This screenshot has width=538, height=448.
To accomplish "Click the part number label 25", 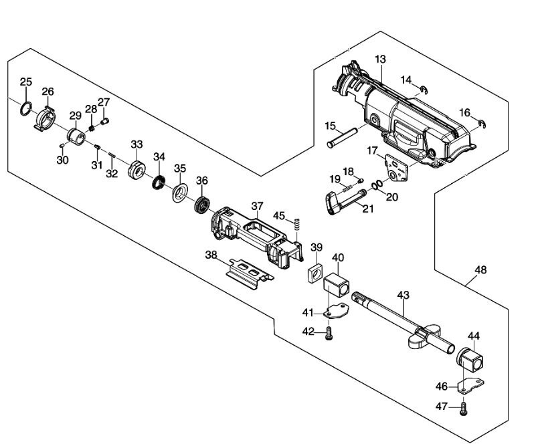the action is (25, 82).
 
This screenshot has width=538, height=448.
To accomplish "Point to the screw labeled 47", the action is (464, 409).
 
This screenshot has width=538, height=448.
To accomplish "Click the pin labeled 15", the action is (342, 138).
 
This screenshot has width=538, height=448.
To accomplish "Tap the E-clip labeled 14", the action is (425, 90).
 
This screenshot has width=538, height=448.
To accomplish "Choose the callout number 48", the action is (480, 270).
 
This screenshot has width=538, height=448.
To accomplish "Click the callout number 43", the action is (403, 295).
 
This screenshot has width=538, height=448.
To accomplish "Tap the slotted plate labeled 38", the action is (250, 274).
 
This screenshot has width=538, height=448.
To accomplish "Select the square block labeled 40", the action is (336, 286).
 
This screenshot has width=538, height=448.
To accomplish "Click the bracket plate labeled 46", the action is (472, 385).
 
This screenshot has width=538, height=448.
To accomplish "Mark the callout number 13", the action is (380, 60).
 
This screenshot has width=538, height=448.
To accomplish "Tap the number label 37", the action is (257, 206).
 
